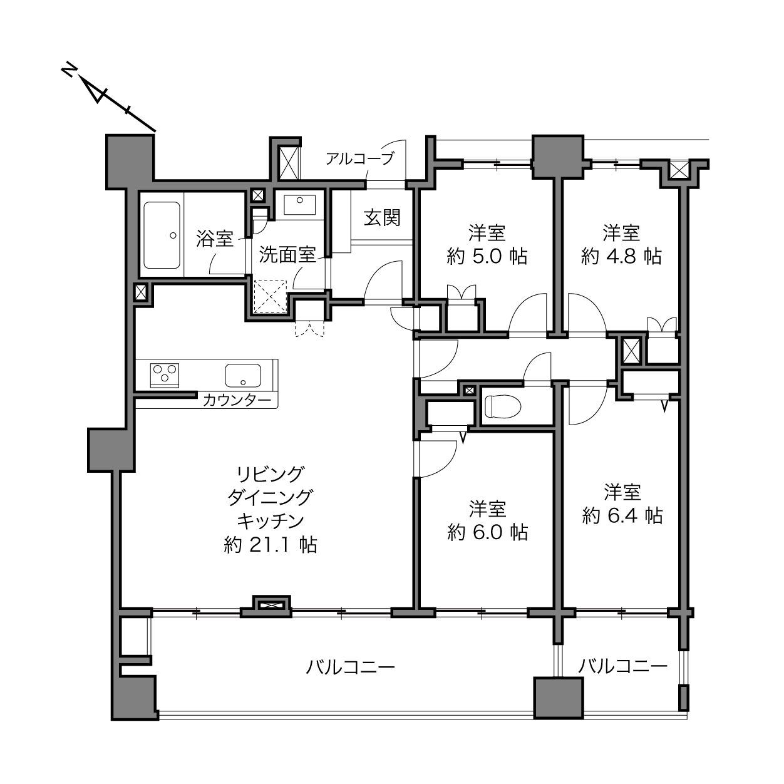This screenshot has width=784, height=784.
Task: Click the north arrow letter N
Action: (x=69, y=70)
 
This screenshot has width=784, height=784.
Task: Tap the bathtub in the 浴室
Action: (x=162, y=235)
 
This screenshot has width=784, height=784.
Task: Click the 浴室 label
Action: (x=214, y=239)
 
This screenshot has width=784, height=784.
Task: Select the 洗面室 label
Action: (x=287, y=255)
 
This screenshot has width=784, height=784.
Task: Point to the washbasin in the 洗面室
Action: (x=299, y=205)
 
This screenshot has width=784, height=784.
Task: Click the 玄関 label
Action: (x=382, y=218)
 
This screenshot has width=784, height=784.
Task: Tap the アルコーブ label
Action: (x=360, y=158)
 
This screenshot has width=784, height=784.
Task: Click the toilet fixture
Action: (x=503, y=406)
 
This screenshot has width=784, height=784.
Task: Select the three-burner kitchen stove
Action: (x=165, y=374)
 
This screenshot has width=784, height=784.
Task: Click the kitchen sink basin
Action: (x=243, y=375)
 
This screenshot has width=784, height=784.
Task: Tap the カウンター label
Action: (x=237, y=401)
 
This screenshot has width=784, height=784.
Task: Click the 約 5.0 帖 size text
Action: (x=487, y=257)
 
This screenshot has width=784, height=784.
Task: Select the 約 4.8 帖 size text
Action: (x=621, y=257)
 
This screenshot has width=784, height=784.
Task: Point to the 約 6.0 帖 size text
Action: (x=488, y=532)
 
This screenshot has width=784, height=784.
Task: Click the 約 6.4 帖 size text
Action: (x=622, y=516)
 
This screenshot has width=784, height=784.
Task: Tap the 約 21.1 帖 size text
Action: (x=271, y=545)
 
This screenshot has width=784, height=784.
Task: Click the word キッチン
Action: (x=271, y=521)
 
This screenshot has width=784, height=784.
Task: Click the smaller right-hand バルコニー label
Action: (x=623, y=666)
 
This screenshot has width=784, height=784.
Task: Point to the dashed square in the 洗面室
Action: (x=270, y=297)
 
